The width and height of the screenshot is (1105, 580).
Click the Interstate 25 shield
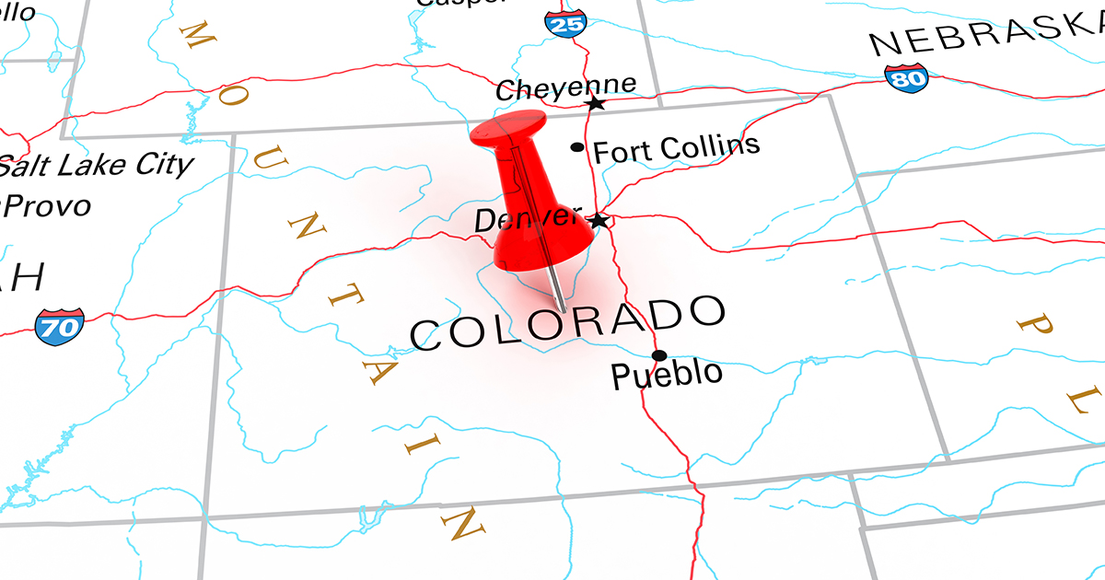click(564, 22)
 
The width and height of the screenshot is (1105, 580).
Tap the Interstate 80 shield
click(906, 79)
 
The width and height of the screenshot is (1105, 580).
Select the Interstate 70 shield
click(60, 325)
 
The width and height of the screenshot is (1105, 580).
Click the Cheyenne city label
click(564, 88)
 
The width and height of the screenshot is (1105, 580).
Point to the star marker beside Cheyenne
click(596, 103)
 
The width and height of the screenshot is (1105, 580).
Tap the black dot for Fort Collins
click(577, 146)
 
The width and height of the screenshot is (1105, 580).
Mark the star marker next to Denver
click(599, 221)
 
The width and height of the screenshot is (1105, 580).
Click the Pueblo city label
click(667, 375)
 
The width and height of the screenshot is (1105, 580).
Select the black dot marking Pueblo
click(658, 355)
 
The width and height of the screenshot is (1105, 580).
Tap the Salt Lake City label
click(97, 166)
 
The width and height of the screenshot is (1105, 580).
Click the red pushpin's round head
click(507, 128)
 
